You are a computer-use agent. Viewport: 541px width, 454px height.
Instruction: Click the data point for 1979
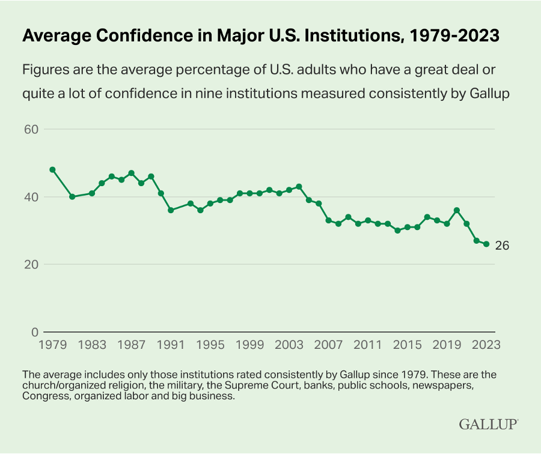(52, 169)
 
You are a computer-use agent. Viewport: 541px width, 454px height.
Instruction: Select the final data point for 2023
(486, 244)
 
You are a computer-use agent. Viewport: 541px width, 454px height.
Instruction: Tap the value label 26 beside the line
(503, 246)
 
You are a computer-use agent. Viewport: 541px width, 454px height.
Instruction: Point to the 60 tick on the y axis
(31, 129)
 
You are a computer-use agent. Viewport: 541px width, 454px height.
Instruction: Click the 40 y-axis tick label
(31, 197)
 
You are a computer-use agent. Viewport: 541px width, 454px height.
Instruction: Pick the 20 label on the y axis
(31, 265)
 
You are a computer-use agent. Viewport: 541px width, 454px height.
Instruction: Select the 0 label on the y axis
(35, 332)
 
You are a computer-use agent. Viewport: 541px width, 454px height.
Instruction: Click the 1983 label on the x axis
(92, 345)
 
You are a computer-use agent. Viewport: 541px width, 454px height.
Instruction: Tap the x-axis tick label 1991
(171, 345)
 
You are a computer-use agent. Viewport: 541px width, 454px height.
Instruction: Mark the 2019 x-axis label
(447, 345)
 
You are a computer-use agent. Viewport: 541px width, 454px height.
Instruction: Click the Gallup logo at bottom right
(489, 424)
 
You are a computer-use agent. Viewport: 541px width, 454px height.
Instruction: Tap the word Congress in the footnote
(42, 396)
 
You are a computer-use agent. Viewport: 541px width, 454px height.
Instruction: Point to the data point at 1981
(72, 196)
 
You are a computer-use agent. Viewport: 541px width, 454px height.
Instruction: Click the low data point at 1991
(171, 210)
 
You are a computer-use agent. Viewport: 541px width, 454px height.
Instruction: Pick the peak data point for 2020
(457, 210)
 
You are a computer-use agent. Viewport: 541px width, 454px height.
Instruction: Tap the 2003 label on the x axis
(289, 345)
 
